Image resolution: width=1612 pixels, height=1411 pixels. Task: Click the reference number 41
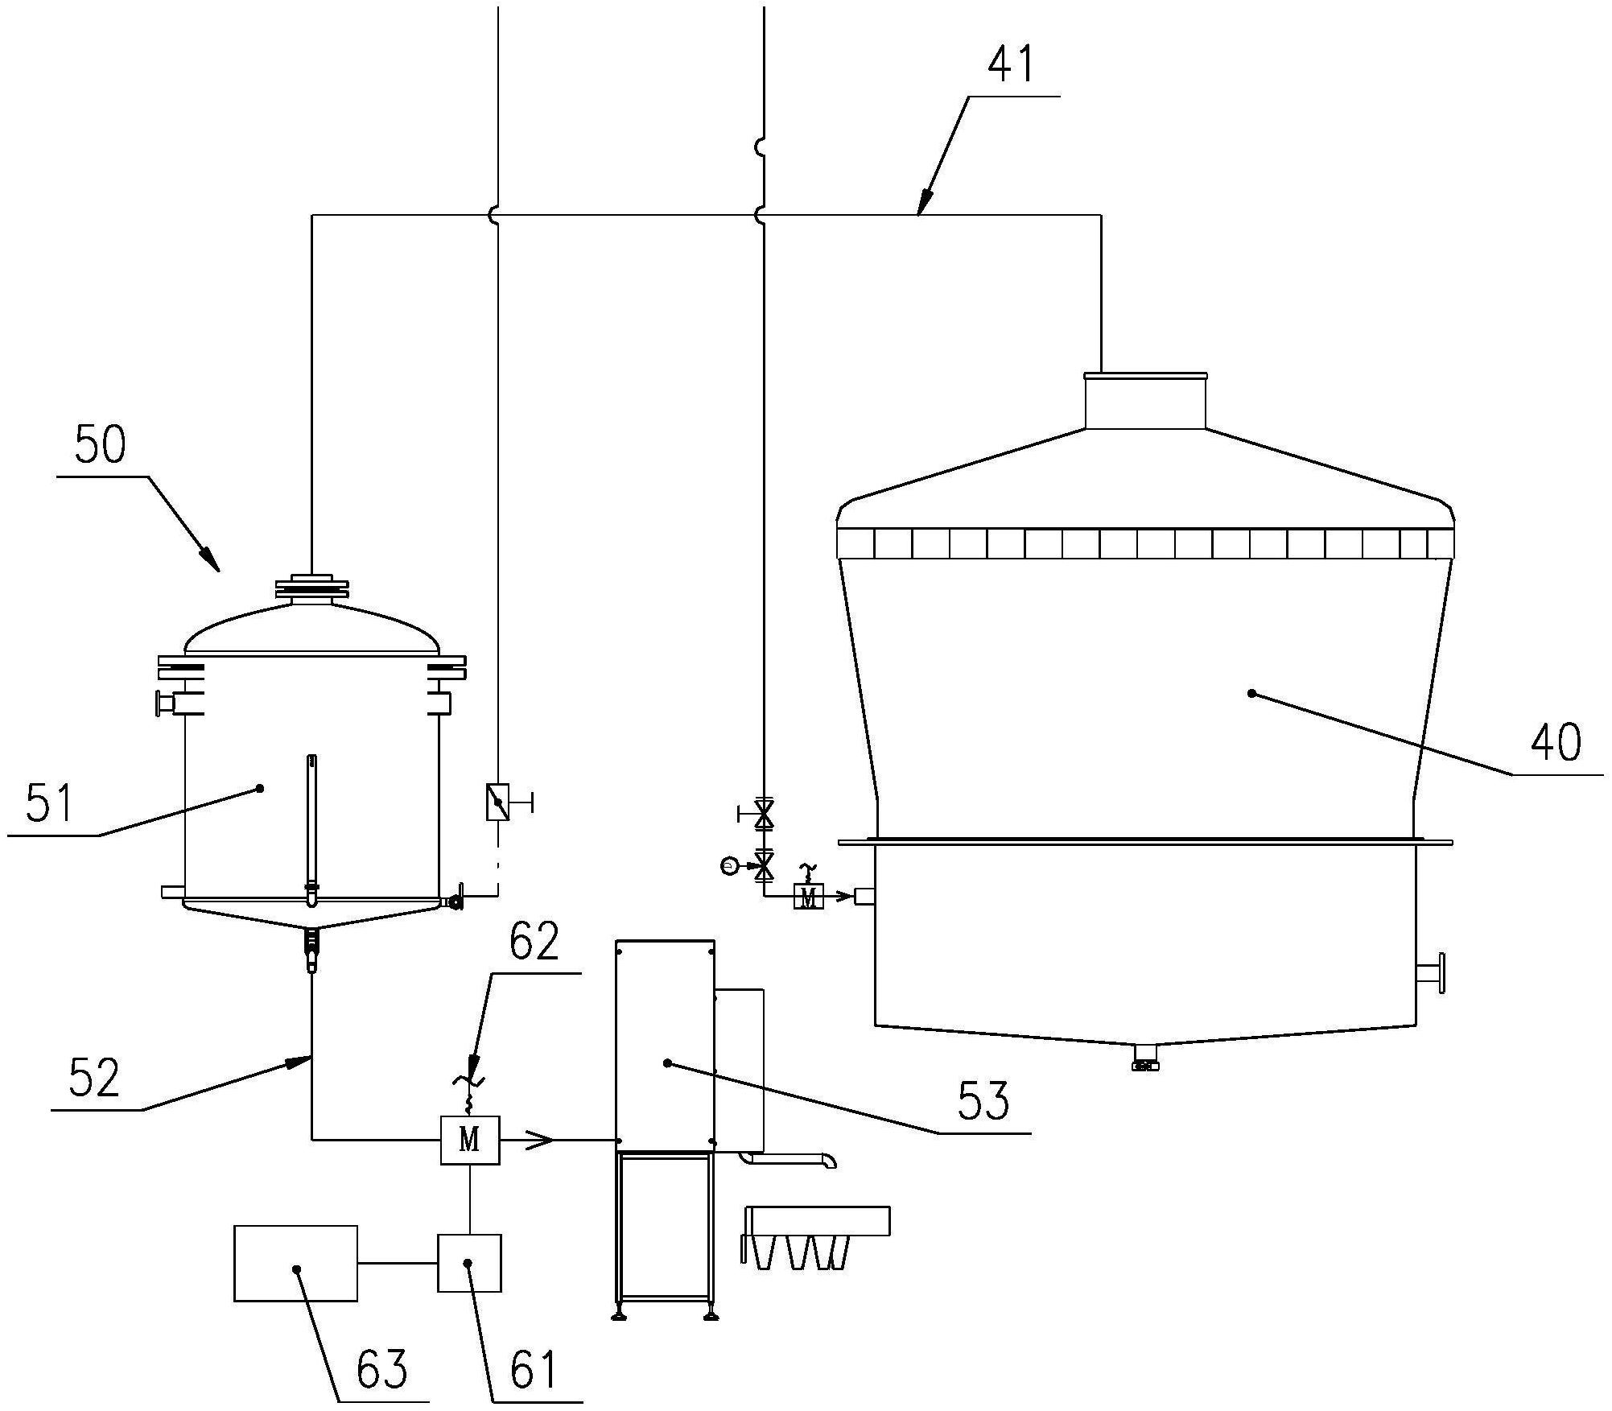coord(1011,64)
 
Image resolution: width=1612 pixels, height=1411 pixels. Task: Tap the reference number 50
coord(101,444)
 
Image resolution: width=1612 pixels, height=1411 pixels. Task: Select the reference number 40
coord(1556,741)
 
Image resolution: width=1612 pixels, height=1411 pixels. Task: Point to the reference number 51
coord(50,803)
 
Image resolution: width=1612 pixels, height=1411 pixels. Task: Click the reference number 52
coord(93,1078)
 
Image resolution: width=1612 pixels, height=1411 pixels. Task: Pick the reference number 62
coord(533,941)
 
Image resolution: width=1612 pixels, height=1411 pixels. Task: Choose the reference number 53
coord(983,1100)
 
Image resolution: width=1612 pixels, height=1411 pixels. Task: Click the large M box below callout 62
coord(470,1140)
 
